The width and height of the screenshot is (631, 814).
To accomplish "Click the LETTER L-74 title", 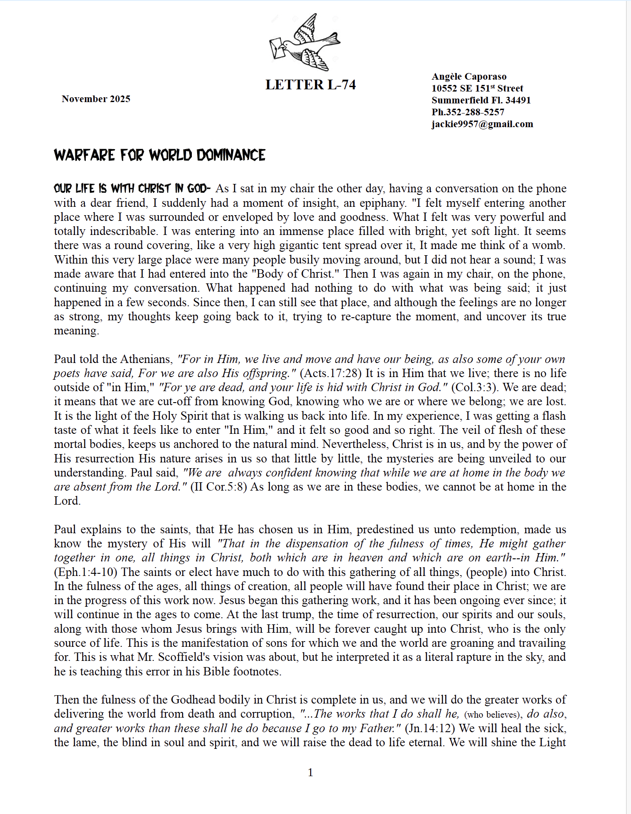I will tap(310, 84).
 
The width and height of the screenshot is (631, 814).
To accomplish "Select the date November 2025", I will tap(96, 99).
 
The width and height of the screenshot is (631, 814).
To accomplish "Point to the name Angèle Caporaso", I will tap(469, 77).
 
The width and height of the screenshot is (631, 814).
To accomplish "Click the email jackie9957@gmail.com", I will tap(482, 124).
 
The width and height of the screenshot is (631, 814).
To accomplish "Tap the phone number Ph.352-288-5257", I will tap(467, 112).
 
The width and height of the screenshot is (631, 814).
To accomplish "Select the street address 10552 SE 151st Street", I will tap(477, 88).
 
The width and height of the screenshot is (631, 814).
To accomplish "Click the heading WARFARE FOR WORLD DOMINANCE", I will tap(159, 155).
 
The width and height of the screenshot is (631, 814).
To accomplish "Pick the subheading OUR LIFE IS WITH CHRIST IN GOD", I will tap(132, 189).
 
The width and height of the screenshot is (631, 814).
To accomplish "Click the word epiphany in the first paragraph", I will tap(382, 203).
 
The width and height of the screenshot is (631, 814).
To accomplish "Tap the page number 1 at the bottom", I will tap(310, 773).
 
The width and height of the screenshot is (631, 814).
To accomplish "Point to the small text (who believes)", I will tap(493, 715).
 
